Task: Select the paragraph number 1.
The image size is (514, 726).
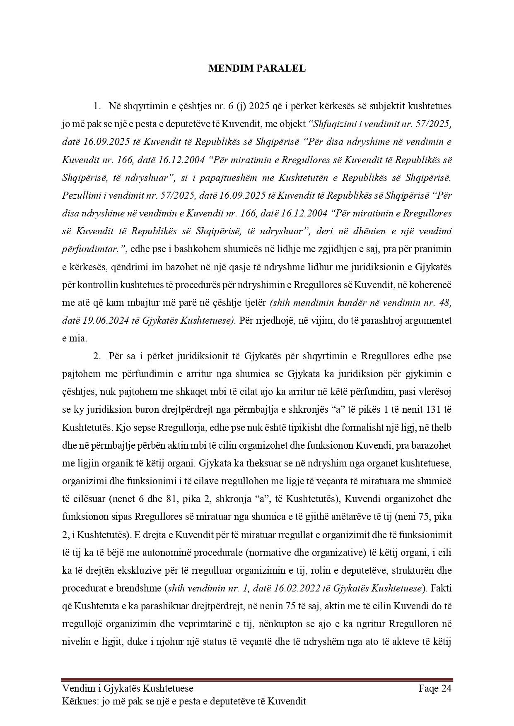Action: tap(96, 106)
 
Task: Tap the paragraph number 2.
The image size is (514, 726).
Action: tap(96, 356)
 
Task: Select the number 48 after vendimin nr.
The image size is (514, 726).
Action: tap(444, 303)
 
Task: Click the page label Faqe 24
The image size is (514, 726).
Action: tap(434, 689)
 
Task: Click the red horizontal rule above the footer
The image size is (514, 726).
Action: tap(257, 680)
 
